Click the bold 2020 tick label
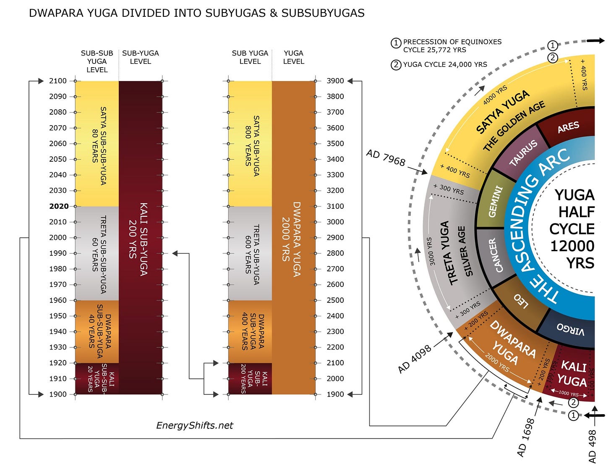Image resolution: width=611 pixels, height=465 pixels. (x=59, y=206)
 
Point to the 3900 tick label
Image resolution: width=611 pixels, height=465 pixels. (x=335, y=81)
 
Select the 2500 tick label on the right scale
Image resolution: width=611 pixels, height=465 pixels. (x=335, y=300)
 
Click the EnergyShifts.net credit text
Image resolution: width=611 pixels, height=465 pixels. (x=194, y=425)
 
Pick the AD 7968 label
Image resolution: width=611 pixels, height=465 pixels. (x=386, y=158)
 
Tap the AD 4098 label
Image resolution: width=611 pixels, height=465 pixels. (x=415, y=359)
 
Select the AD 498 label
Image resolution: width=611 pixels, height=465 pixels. (x=592, y=446)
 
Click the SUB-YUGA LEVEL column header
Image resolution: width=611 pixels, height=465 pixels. (x=140, y=57)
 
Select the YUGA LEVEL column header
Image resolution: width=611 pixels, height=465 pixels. (x=293, y=57)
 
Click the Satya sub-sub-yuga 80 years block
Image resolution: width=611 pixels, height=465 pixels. (x=97, y=144)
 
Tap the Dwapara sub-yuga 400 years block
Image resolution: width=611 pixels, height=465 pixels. (x=250, y=331)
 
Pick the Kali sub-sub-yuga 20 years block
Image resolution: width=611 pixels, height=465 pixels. (x=97, y=378)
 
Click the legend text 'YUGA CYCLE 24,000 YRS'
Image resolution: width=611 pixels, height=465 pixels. (x=445, y=64)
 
